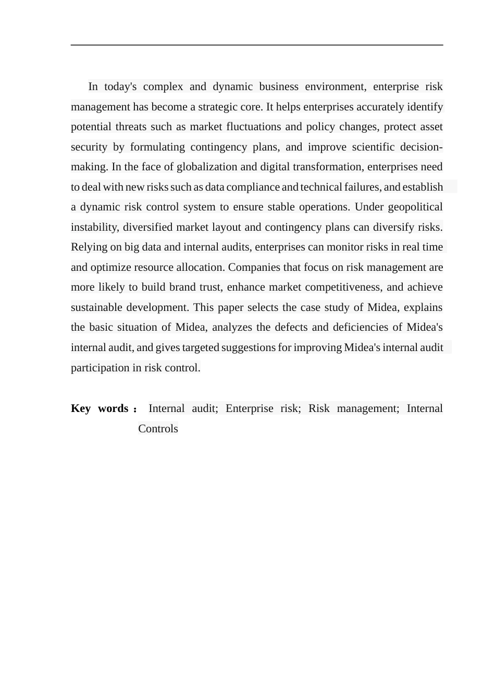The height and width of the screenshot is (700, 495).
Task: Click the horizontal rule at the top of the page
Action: click(x=257, y=45)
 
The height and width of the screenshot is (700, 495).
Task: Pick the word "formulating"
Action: click(x=157, y=147)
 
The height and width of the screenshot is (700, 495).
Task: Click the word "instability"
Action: click(x=94, y=227)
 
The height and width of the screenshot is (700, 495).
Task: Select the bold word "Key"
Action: click(x=81, y=408)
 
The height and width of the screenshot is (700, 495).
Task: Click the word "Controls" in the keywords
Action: click(x=158, y=429)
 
